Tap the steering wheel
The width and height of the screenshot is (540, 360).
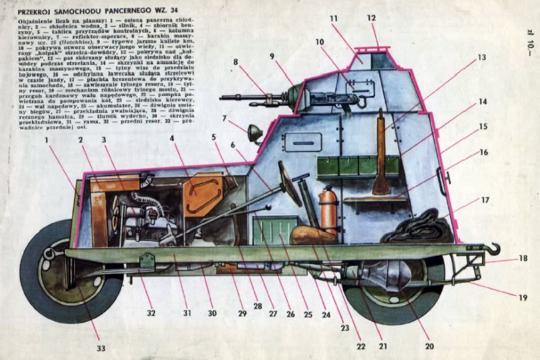pyautogui.click(x=290, y=184)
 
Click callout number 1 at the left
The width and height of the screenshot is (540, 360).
pyautogui.click(x=48, y=141)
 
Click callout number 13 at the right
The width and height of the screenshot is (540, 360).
pyautogui.click(x=481, y=58)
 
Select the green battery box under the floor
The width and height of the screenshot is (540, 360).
pyautogui.click(x=275, y=229)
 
